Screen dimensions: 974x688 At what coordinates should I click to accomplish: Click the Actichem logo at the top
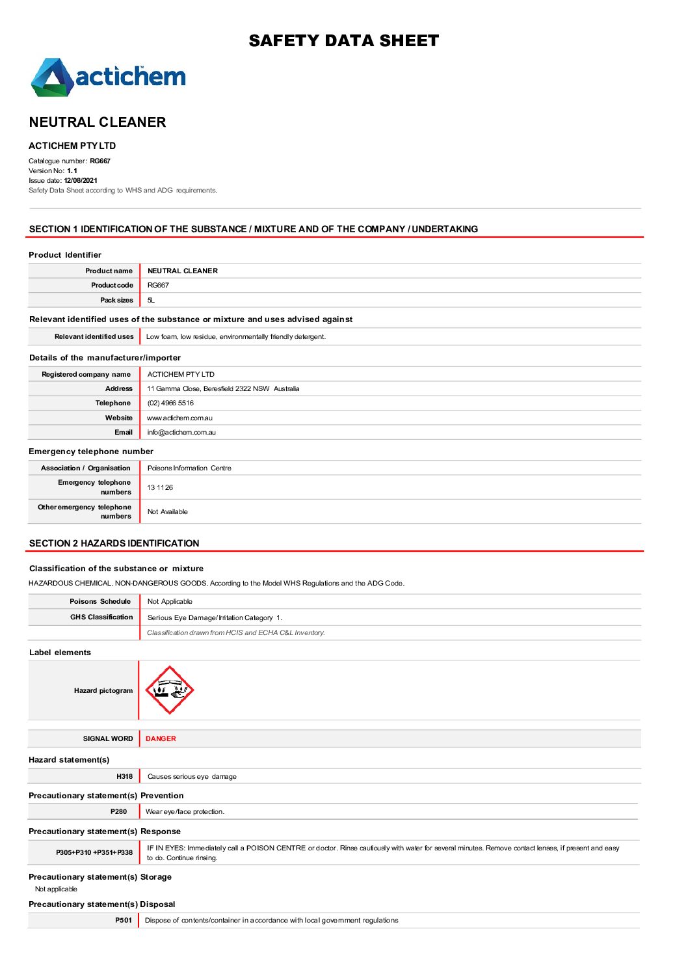tap(108, 77)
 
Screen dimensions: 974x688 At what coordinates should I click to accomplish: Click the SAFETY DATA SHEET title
tap(343, 41)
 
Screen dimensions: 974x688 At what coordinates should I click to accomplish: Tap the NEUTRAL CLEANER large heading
tap(98, 122)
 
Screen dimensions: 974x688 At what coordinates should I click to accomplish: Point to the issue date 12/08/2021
tap(81, 180)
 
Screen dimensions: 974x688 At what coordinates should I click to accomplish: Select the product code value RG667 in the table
tap(158, 285)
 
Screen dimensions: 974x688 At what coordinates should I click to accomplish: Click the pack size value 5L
tap(151, 300)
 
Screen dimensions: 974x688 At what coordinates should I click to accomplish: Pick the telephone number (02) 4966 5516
tap(170, 403)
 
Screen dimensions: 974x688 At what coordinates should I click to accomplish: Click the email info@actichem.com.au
tap(181, 432)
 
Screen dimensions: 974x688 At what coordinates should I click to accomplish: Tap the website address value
tap(179, 418)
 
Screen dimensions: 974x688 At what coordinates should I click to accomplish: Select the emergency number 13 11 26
tap(160, 487)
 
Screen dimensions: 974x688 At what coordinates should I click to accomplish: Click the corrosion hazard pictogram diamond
tap(169, 690)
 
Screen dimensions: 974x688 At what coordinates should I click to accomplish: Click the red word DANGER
tap(161, 738)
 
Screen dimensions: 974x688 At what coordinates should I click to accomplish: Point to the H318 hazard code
tap(124, 776)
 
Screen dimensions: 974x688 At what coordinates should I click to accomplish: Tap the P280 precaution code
tap(118, 811)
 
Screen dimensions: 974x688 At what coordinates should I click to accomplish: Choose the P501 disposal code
tap(123, 920)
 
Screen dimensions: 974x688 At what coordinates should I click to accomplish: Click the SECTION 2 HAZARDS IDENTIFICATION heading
tap(114, 543)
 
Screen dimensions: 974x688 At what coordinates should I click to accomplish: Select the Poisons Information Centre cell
tap(189, 468)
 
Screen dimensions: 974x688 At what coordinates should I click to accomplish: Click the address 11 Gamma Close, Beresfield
tap(223, 388)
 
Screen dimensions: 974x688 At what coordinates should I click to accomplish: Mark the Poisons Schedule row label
tap(100, 601)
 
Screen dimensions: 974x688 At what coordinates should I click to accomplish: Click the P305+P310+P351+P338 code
tap(94, 852)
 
